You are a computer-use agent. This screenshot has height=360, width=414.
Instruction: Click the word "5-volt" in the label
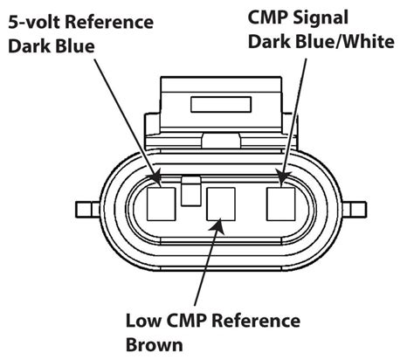[35, 22]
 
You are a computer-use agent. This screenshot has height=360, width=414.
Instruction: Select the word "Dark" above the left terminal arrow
[30, 46]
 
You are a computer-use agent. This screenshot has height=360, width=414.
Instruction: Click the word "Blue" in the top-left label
[75, 46]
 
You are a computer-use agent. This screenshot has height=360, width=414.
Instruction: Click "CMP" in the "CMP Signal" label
[268, 17]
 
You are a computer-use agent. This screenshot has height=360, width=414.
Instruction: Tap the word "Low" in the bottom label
[143, 321]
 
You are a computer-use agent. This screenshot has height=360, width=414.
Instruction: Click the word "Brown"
[155, 345]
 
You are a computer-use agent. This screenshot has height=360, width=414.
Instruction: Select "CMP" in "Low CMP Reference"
[186, 321]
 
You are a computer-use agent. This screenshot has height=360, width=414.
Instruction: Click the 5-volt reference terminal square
[162, 204]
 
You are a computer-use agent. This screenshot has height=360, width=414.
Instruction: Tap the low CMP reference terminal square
[221, 204]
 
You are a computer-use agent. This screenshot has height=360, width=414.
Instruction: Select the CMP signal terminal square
[281, 204]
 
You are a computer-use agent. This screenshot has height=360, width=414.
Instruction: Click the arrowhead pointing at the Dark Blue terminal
[155, 177]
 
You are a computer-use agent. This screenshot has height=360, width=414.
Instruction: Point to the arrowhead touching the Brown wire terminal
[218, 226]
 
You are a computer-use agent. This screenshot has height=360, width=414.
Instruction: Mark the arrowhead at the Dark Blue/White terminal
[282, 178]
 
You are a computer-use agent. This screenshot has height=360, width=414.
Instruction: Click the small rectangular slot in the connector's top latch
[221, 104]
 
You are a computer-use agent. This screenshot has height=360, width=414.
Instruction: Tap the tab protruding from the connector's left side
[87, 210]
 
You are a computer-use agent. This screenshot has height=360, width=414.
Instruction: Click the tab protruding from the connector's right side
[355, 210]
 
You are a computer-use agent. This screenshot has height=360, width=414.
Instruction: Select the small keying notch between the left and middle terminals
[191, 190]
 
